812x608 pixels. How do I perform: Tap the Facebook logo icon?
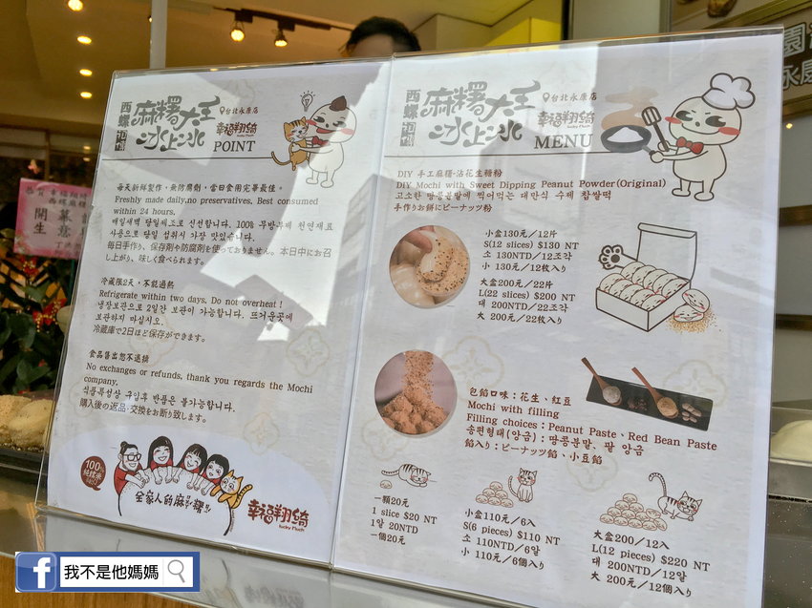[x=35, y=572]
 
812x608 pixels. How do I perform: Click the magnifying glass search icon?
[x=178, y=572]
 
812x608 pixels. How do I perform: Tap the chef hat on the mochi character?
[x=728, y=92]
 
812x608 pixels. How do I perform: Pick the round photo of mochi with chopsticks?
[x=429, y=266]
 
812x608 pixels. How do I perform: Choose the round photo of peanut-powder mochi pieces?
[x=416, y=393]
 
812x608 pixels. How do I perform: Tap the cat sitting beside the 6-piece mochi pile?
[x=522, y=486]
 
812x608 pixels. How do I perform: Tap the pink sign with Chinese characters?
[x=53, y=218]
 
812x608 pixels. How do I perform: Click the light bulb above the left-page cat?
[x=307, y=99]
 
